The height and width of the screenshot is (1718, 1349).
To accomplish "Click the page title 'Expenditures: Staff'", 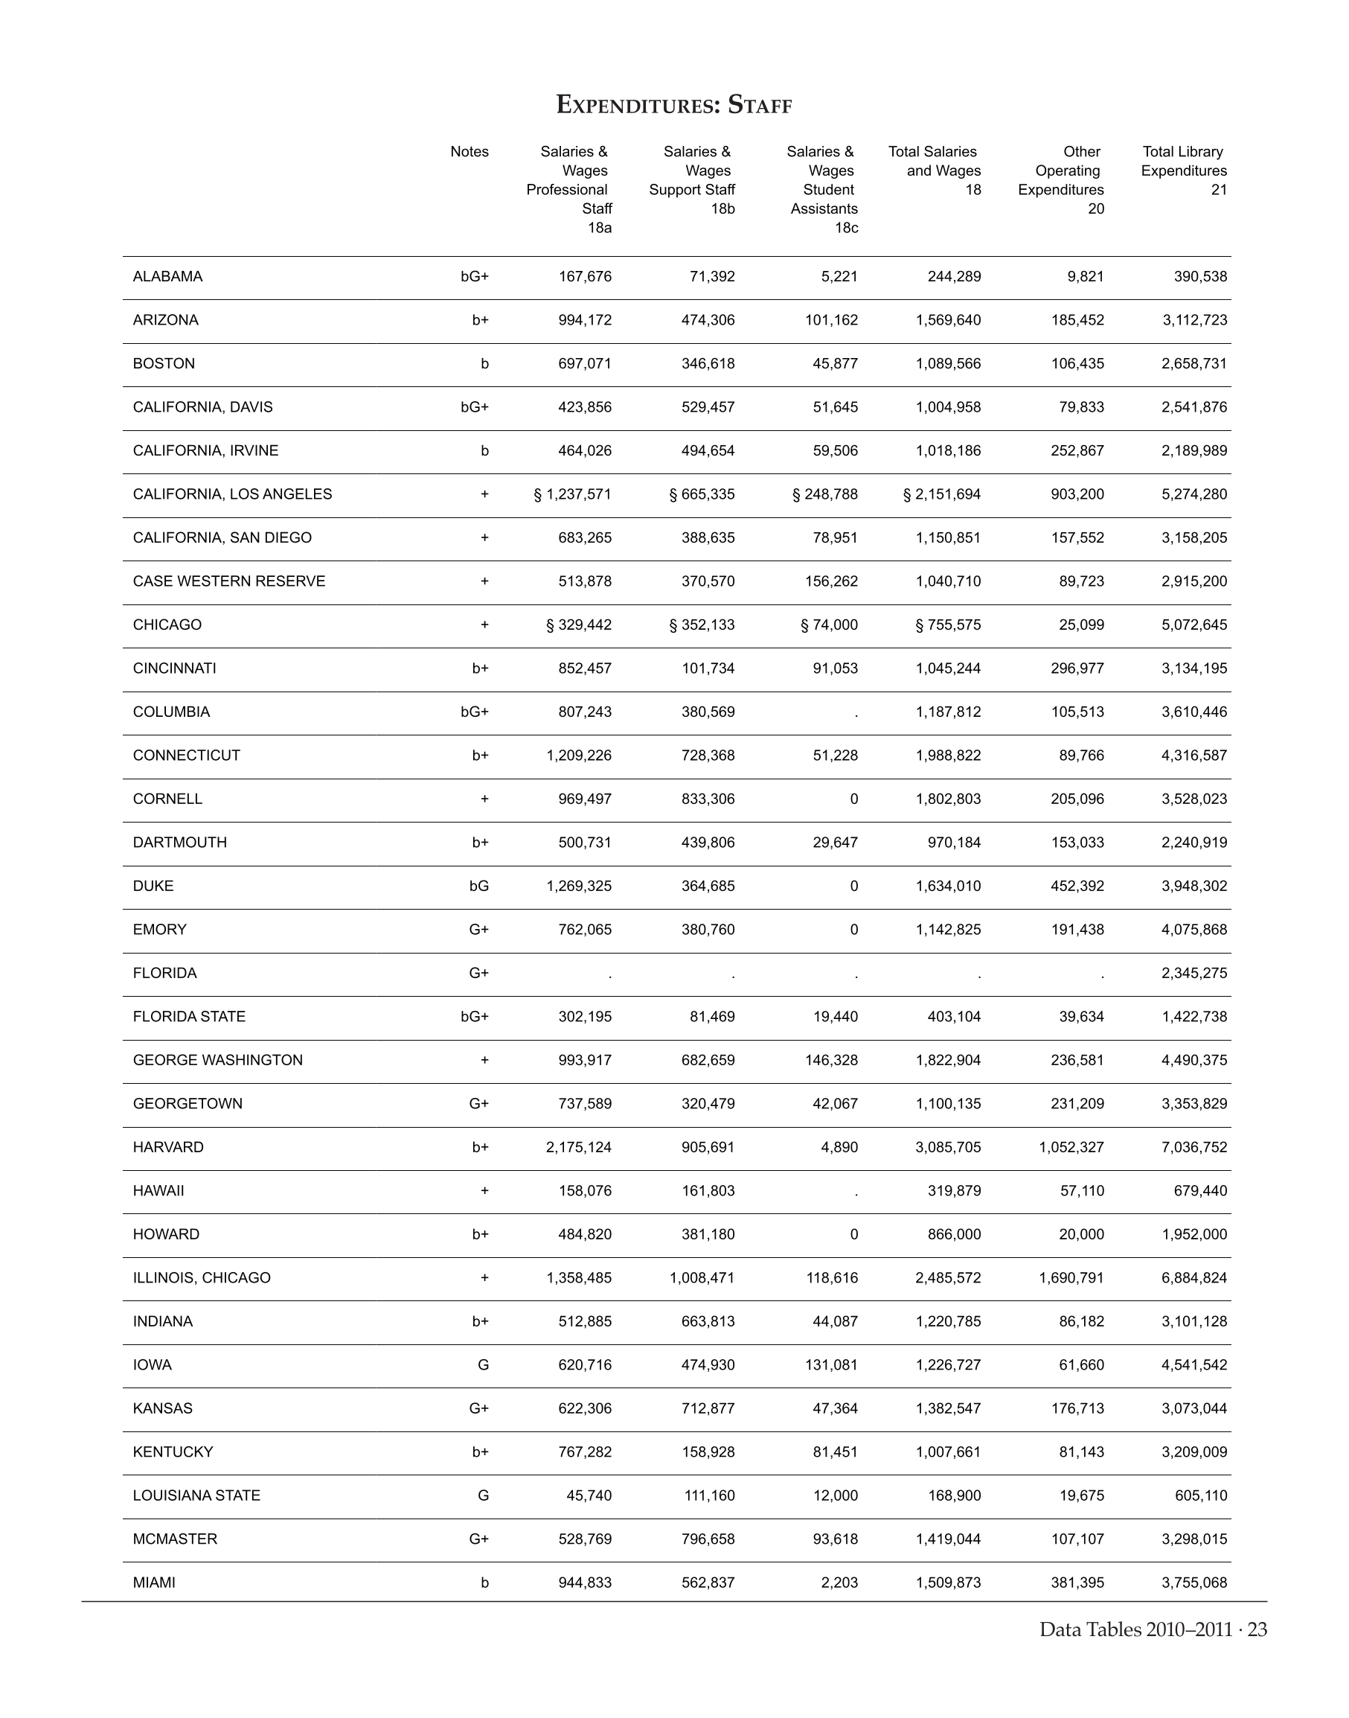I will pyautogui.click(x=673, y=104).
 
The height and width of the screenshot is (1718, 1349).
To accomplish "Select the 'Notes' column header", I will pyautogui.click(x=470, y=152).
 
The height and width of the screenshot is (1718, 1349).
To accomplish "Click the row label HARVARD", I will pyautogui.click(x=168, y=1146).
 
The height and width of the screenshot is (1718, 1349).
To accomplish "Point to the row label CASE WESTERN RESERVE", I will pyautogui.click(x=229, y=581).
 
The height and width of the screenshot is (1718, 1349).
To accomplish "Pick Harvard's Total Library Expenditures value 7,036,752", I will pyautogui.click(x=1194, y=1146).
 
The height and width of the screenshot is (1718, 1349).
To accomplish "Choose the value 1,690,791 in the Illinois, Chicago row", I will pyautogui.click(x=1071, y=1277).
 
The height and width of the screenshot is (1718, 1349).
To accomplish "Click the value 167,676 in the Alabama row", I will pyautogui.click(x=586, y=277).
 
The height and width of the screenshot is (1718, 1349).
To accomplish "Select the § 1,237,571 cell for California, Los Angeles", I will pyautogui.click(x=573, y=494).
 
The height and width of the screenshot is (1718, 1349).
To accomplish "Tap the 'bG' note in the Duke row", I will pyautogui.click(x=478, y=886).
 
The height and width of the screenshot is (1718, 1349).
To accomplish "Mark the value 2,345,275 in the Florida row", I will pyautogui.click(x=1194, y=973).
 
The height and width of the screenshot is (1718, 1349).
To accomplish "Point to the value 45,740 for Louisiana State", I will pyautogui.click(x=589, y=1495).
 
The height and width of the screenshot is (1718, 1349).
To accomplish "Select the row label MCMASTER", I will pyautogui.click(x=176, y=1539).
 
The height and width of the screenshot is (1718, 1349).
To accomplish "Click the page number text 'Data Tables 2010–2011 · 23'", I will pyautogui.click(x=1153, y=1629).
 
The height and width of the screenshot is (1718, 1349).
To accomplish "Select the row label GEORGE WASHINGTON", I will pyautogui.click(x=218, y=1060).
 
